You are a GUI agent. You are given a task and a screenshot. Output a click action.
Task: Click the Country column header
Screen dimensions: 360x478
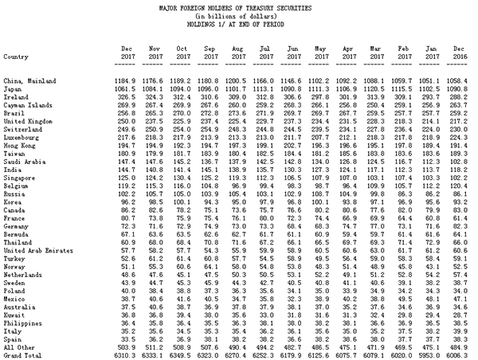(18, 57)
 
